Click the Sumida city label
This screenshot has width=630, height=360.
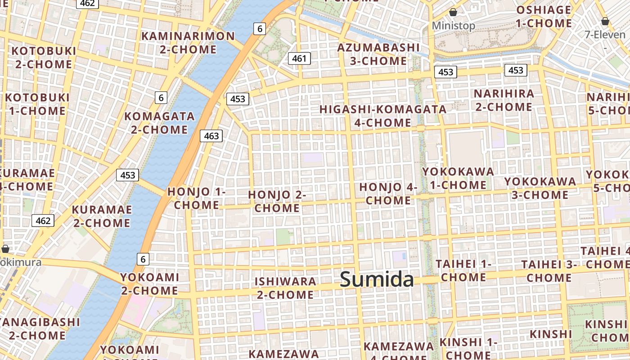point(377,279)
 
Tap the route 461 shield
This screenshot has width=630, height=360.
point(299,58)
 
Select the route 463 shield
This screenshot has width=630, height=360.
point(211,135)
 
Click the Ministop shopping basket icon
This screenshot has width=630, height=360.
point(453,12)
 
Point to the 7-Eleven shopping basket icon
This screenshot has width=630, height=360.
point(605,21)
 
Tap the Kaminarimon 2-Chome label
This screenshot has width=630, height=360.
point(188,43)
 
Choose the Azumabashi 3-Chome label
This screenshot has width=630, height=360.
point(378,54)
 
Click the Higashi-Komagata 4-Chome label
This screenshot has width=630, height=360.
point(383,116)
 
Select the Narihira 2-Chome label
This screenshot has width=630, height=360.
point(504,100)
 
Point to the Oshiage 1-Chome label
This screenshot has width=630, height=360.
point(544,17)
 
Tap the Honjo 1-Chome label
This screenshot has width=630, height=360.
point(197,198)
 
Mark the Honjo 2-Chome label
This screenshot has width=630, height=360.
point(277,201)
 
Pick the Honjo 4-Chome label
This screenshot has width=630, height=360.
point(388,193)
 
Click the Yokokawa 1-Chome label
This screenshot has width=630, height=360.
point(458,178)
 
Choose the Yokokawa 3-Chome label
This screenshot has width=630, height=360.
point(540,188)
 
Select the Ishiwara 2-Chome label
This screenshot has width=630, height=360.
point(285,288)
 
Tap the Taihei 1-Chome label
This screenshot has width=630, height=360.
point(463,270)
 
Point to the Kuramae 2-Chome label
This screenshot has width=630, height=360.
point(102,216)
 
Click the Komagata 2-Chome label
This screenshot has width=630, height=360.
point(159,123)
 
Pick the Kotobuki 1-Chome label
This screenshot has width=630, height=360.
point(37,104)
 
